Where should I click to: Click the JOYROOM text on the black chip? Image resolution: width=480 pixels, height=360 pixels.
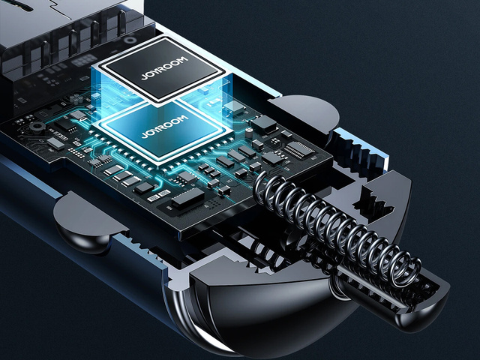[164, 67]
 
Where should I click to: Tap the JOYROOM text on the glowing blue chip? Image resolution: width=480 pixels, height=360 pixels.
[164, 127]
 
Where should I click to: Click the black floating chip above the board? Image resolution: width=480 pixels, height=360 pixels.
[161, 70]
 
